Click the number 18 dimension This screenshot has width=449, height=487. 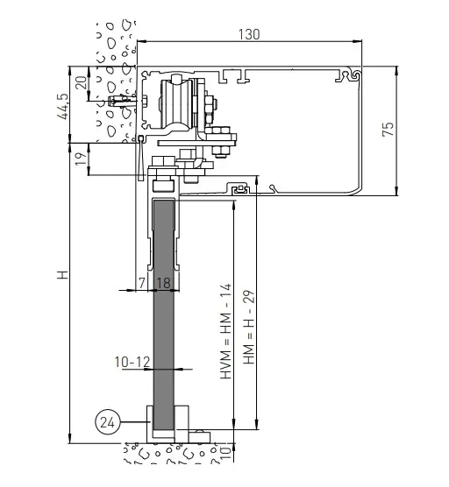163,283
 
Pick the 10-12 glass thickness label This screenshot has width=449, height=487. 131,360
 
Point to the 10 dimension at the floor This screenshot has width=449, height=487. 226,453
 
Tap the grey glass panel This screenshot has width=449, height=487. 164,333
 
